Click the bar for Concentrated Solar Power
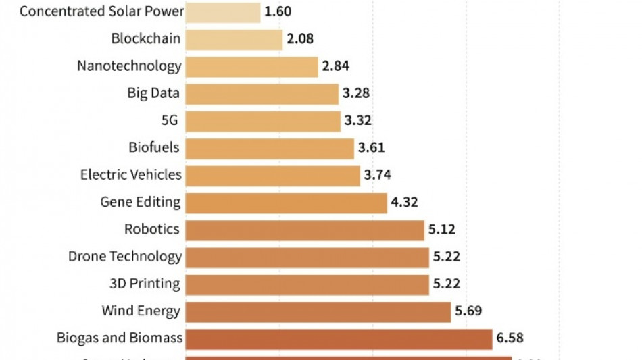pos(222,12)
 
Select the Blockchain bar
pos(234,39)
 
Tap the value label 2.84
pos(335,66)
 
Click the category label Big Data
pos(153,93)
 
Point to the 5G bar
pos(262,121)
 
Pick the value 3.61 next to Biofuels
pos(371,148)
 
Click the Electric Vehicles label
pos(130,174)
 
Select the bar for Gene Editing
pos(286,202)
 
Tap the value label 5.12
pos(441,229)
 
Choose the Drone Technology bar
pos(307,257)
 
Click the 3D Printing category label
pos(145,283)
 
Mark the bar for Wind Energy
pos(318,311)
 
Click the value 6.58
pos(510,338)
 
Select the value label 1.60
pos(278,12)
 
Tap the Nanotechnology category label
pos(129,66)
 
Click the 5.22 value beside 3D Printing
pos(447,284)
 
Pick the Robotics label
pos(152,229)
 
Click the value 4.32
pos(404,202)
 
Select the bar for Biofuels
pos(270,148)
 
